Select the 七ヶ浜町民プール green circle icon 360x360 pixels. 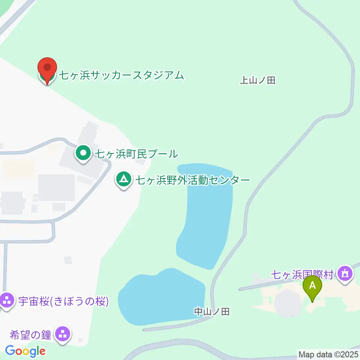click(x=83, y=153)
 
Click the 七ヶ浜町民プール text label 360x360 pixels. click(x=136, y=153)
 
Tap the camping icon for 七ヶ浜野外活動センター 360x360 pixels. click(x=123, y=180)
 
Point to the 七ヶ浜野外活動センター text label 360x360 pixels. click(x=192, y=180)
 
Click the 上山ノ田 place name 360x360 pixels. click(x=257, y=80)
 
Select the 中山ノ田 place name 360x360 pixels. click(x=211, y=311)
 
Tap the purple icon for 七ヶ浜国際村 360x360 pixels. click(x=345, y=274)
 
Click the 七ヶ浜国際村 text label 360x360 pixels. click(x=302, y=275)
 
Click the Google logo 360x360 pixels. click(x=25, y=351)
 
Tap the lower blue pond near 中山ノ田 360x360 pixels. click(x=161, y=296)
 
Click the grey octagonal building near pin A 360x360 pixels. click(x=288, y=302)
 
